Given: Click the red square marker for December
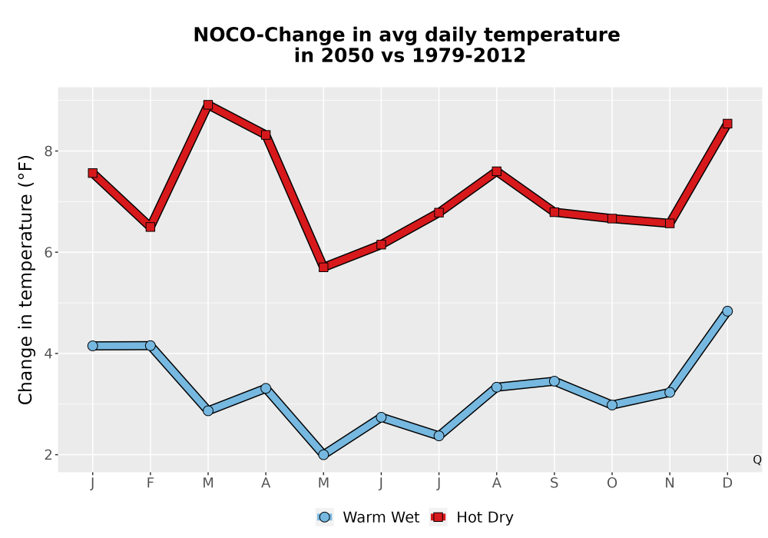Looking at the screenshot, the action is [x=727, y=124].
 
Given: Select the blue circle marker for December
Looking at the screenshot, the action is [x=727, y=311].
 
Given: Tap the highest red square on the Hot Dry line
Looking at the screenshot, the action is [x=208, y=105].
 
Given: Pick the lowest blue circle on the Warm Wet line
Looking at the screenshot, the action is [x=323, y=455].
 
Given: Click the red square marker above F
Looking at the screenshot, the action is [x=151, y=227].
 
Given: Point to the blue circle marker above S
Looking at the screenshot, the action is [x=554, y=381].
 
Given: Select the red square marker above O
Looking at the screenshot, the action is [x=612, y=218].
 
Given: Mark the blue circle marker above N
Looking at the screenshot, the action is [x=670, y=393].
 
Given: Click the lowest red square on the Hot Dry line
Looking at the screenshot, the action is [x=323, y=267].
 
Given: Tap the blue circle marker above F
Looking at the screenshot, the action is [x=151, y=345].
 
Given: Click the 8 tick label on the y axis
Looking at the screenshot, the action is [x=48, y=151].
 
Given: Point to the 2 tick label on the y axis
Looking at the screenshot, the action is [x=48, y=455].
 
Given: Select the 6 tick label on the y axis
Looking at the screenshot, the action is [x=48, y=252].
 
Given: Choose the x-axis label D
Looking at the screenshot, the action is [x=727, y=483].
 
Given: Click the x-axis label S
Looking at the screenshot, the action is [x=554, y=483].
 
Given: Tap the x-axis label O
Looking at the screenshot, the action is [x=612, y=483].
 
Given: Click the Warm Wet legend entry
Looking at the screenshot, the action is [x=368, y=517].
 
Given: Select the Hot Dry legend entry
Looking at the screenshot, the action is [x=472, y=517].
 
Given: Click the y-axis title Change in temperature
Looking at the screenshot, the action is [x=25, y=279].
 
